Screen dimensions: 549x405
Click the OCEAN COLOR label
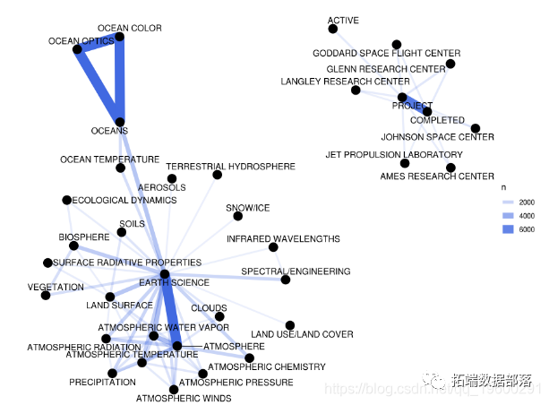click(129, 29)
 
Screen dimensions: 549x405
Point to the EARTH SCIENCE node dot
click(165, 274)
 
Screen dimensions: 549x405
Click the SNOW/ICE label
click(248, 208)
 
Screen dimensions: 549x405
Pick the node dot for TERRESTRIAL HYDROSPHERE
click(217, 175)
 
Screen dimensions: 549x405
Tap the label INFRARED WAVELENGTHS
click(283, 239)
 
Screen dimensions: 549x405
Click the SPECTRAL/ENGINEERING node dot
click(286, 280)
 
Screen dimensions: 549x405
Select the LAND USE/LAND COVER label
click(302, 334)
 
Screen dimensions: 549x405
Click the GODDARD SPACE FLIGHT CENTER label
click(386, 54)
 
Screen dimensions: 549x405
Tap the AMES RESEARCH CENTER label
click(437, 177)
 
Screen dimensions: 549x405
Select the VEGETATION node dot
click(46, 295)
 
